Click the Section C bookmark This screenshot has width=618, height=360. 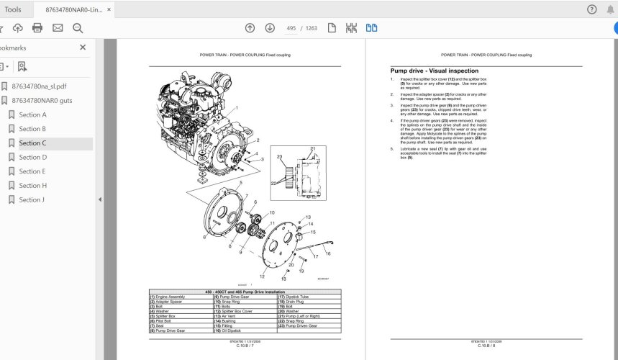click(32, 143)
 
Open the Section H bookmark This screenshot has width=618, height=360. click(32, 186)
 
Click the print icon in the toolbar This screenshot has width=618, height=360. click(37, 28)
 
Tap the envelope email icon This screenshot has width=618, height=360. click(58, 28)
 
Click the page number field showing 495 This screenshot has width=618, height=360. click(291, 28)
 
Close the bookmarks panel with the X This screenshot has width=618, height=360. click(83, 48)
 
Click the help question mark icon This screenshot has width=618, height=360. click(591, 9)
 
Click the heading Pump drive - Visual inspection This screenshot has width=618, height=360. click(434, 71)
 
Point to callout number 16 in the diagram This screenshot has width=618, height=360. click(328, 253)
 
